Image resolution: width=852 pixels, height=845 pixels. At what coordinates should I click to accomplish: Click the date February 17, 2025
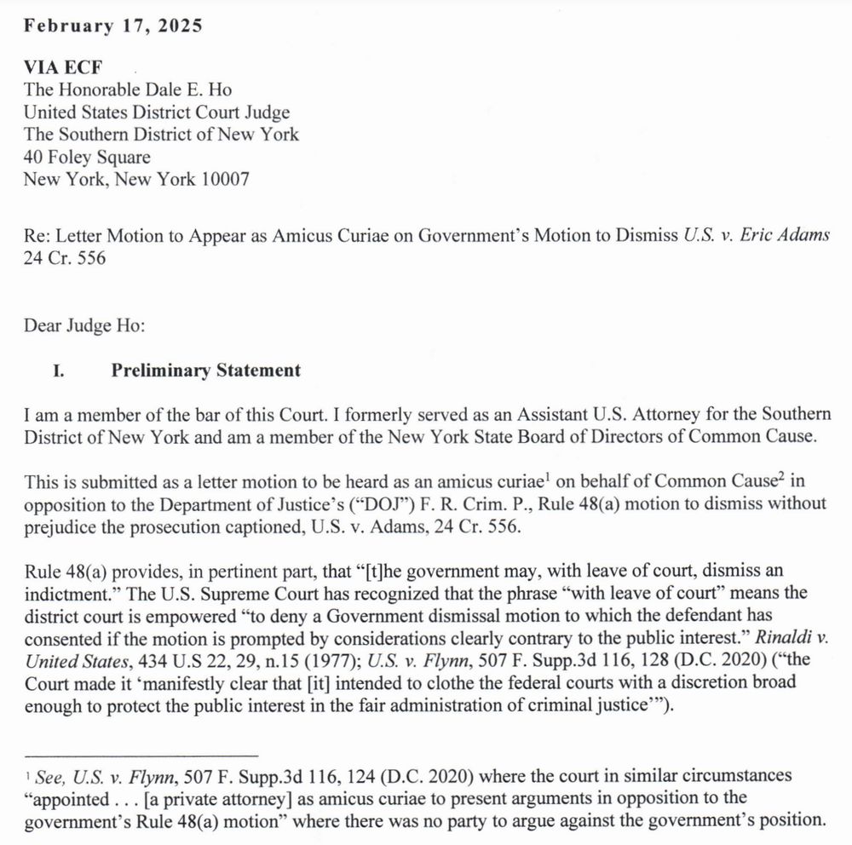click(112, 26)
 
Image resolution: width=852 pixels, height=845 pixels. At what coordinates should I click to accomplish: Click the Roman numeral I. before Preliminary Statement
click(60, 371)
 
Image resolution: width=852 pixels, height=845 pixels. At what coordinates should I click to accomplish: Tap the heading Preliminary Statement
click(205, 371)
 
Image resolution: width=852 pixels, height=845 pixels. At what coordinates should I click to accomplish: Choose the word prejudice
click(58, 526)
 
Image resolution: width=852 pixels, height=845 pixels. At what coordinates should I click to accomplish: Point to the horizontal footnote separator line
click(141, 755)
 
